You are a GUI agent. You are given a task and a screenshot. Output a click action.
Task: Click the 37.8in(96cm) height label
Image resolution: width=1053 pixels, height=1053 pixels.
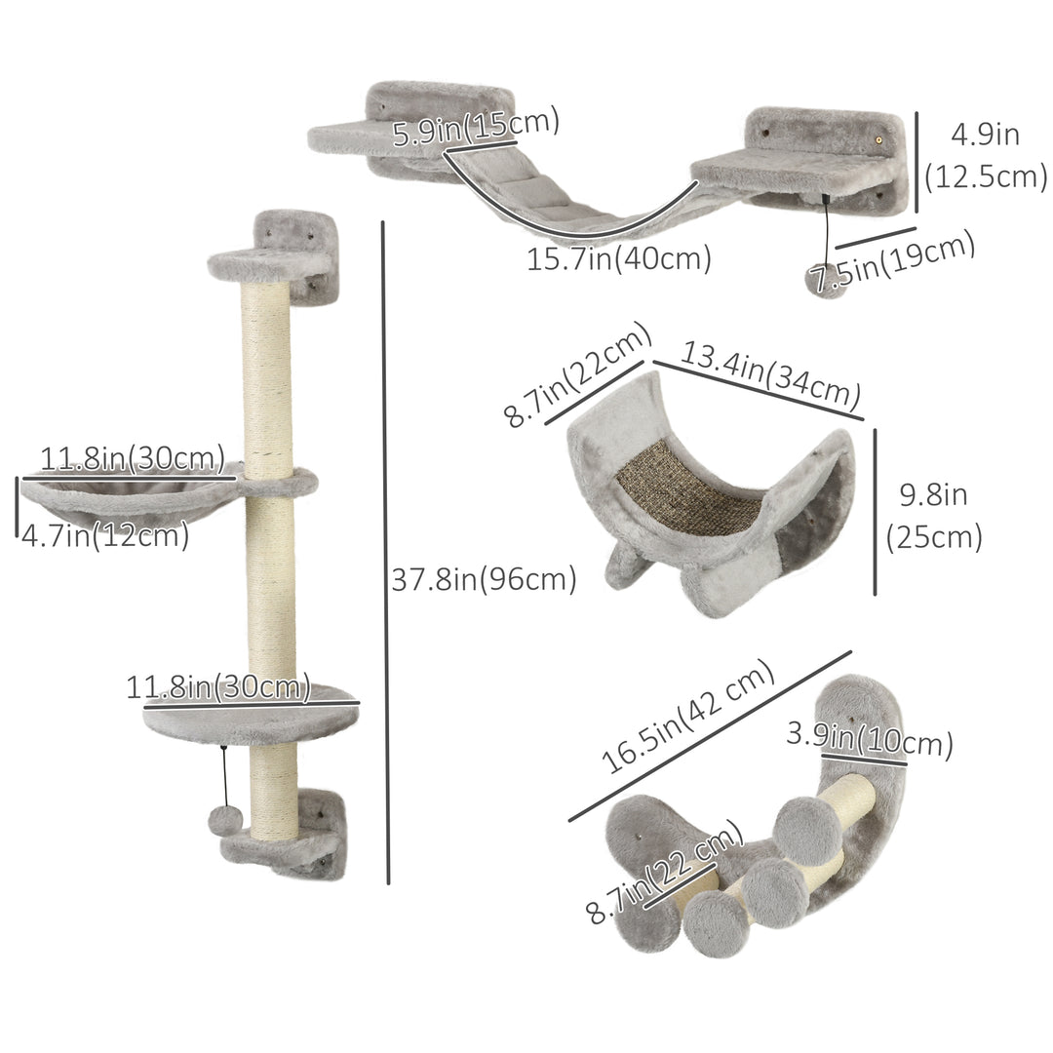tap(484, 579)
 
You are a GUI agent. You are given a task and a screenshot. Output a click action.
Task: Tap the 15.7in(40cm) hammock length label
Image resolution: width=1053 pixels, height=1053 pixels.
tap(618, 259)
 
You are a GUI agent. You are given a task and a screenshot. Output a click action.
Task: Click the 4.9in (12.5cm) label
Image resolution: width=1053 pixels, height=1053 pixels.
tap(986, 155)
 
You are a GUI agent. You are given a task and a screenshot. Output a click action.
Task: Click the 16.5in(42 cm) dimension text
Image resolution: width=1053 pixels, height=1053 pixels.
tap(686, 718)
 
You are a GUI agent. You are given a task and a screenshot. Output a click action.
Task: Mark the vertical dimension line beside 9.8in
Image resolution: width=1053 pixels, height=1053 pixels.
tap(875, 511)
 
